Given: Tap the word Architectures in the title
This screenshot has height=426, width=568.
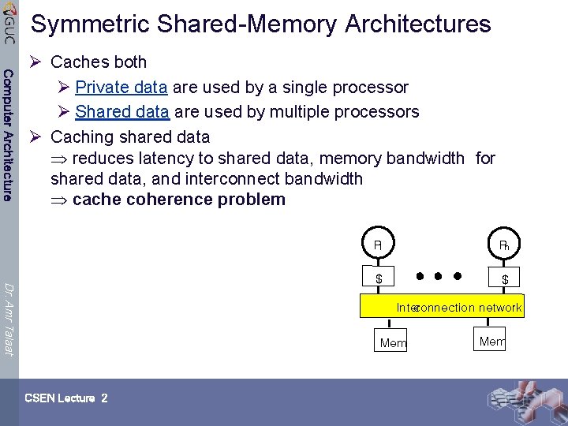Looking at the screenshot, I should pos(417,24).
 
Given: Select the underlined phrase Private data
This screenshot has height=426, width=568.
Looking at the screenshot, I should pos(121,87).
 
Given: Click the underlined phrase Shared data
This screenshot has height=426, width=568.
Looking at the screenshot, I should pos(122,111).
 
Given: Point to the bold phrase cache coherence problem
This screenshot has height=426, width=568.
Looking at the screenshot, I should pos(178,199).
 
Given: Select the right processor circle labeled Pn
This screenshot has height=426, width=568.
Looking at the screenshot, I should pos(504,245).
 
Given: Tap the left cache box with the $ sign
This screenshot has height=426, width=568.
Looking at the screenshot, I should pos(379,278).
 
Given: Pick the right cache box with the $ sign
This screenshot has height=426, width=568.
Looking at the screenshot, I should pos(505,278).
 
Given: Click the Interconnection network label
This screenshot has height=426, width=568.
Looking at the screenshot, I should pos(458,308).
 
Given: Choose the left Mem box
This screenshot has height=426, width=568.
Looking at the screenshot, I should pos(393,342).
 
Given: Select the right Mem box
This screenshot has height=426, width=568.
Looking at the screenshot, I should pos(491,341).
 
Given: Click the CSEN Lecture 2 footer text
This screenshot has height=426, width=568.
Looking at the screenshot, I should pos(65,398).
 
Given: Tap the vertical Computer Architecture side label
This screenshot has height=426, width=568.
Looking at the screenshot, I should pos(8,135).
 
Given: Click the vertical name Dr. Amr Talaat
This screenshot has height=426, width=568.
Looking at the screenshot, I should pos(8,319).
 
